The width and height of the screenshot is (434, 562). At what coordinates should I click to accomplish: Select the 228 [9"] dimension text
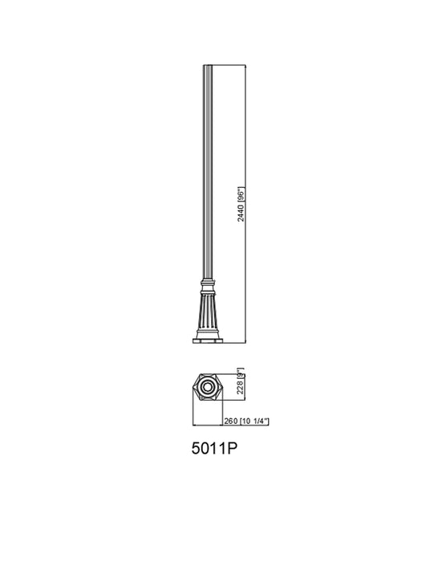(239, 387)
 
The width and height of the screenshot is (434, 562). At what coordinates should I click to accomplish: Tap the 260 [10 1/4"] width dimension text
(245, 421)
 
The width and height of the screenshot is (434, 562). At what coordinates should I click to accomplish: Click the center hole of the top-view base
(209, 388)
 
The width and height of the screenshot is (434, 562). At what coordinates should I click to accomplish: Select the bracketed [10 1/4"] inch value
(253, 421)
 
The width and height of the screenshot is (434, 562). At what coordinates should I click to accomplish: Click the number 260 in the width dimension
(229, 421)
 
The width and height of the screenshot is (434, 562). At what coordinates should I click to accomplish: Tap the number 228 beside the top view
(239, 393)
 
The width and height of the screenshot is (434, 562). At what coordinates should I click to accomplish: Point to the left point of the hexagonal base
(193, 388)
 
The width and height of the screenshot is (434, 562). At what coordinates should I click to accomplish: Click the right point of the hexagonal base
(225, 388)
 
